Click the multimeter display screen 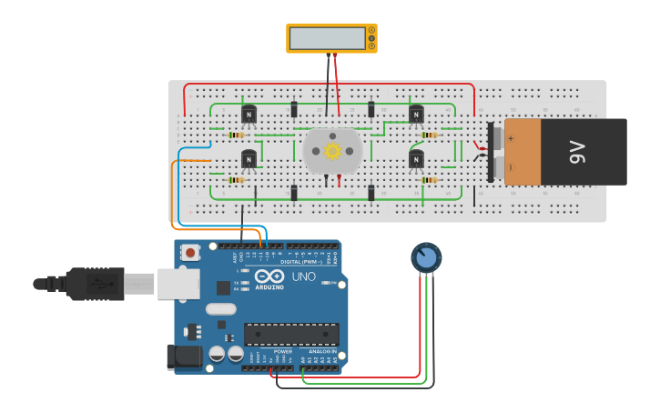click(x=327, y=38)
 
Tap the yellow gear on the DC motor click(x=332, y=151)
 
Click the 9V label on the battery click(x=577, y=152)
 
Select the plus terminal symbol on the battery click(x=511, y=138)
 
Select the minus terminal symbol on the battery click(x=511, y=166)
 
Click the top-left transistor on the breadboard click(x=249, y=115)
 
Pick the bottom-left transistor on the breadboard click(x=249, y=159)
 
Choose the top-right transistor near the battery click(x=416, y=115)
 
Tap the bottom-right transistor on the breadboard click(x=416, y=159)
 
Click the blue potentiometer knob click(x=425, y=258)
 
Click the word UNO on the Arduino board click(x=303, y=276)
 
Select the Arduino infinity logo click(x=269, y=276)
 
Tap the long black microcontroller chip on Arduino click(x=291, y=335)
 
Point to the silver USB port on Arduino click(x=178, y=284)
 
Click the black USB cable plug click(x=93, y=284)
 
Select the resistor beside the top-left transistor click(x=236, y=136)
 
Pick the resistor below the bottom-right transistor click(x=427, y=180)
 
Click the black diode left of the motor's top click(x=293, y=110)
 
